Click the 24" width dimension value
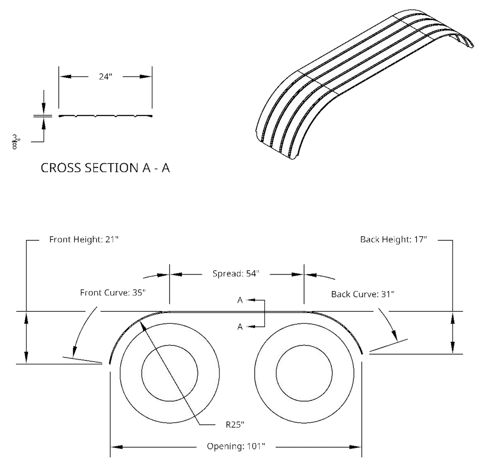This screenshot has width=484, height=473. [x=105, y=77]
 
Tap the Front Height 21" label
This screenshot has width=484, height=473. [x=84, y=240]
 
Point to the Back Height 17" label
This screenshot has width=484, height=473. [x=393, y=240]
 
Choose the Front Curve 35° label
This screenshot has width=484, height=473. [x=114, y=293]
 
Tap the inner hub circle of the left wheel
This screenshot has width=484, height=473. [x=170, y=372]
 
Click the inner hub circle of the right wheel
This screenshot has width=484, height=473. [x=304, y=372]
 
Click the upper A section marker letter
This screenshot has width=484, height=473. [x=240, y=300]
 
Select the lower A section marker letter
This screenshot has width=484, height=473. [x=240, y=327]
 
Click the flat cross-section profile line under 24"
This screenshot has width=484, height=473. [x=105, y=116]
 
